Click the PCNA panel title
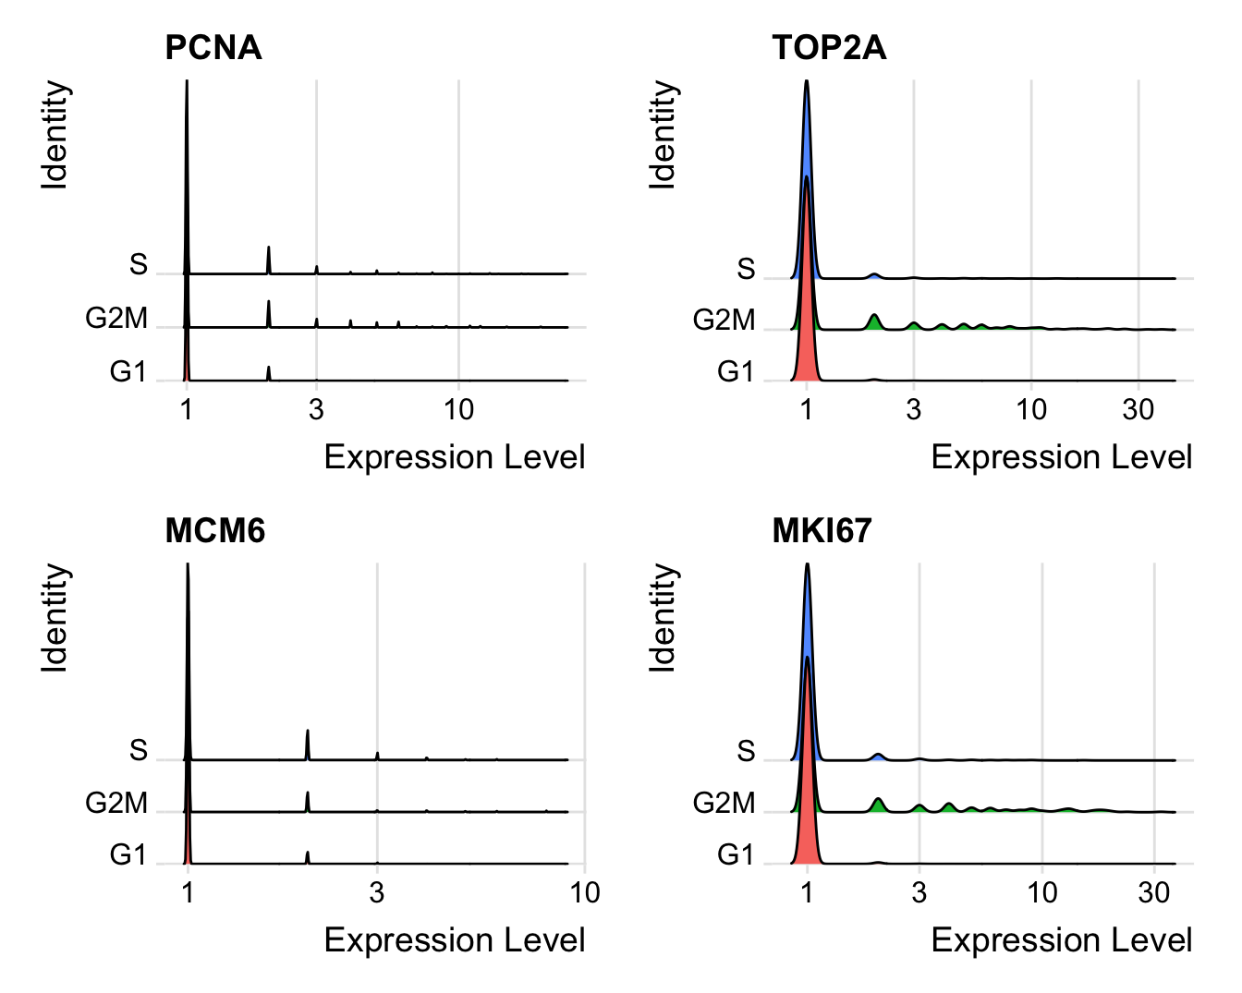213,47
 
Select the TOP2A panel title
829,47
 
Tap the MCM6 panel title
214,530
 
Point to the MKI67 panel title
822,530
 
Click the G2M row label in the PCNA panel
116,319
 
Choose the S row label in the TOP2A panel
746,270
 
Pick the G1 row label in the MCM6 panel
128,855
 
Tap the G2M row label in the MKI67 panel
724,804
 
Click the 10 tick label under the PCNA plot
458,409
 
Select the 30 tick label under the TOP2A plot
1138,409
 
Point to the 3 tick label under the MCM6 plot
376,892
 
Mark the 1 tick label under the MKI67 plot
807,892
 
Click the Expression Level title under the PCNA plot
455,457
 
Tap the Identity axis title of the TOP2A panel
663,135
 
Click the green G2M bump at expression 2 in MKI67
878,805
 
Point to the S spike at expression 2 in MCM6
308,745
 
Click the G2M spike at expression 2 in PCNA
269,314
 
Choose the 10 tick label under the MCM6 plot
584,892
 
